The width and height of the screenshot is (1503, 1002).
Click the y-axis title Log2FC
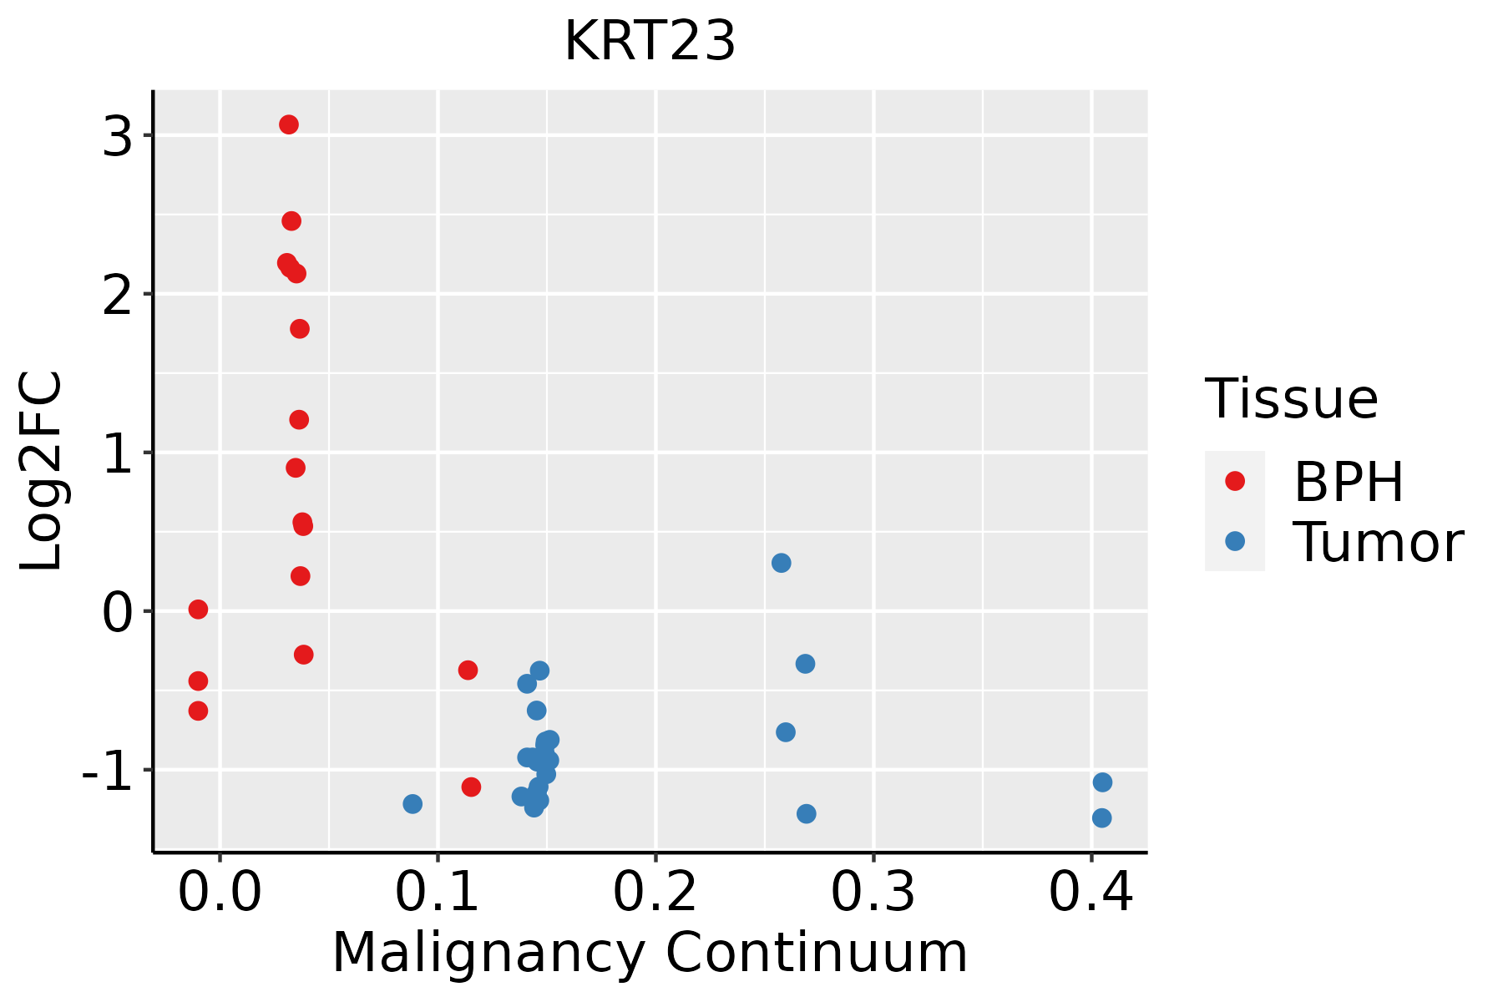click(x=42, y=472)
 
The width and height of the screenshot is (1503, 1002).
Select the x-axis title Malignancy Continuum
click(x=650, y=954)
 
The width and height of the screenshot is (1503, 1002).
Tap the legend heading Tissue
click(x=1292, y=399)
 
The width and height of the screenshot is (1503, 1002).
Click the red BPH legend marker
click(x=1234, y=481)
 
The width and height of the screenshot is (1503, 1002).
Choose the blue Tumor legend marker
click(x=1234, y=541)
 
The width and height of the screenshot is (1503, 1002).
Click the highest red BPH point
click(x=289, y=124)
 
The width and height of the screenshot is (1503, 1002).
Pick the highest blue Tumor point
click(x=781, y=563)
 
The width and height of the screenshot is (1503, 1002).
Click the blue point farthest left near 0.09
click(x=412, y=804)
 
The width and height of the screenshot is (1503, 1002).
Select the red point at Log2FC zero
click(x=198, y=610)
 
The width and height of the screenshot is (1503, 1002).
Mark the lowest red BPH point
click(x=471, y=787)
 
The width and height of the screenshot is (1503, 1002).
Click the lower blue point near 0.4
click(x=1101, y=817)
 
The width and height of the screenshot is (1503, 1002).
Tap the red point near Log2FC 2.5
click(x=291, y=221)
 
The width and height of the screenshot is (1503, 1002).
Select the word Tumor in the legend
click(x=1378, y=543)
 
